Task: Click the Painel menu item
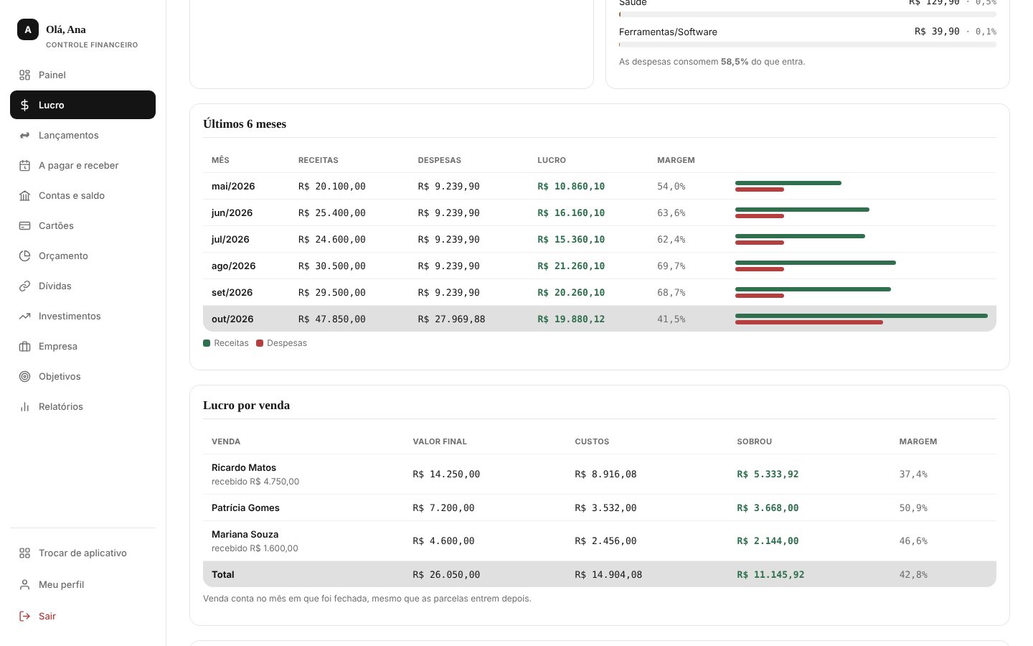[52, 75]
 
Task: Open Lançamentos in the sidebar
[68, 135]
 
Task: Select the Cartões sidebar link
[56, 225]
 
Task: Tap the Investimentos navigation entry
[69, 316]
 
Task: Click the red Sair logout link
[47, 616]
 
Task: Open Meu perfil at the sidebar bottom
[61, 584]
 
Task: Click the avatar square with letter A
[28, 29]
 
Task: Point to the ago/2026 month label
[233, 266]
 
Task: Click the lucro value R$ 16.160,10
[571, 212]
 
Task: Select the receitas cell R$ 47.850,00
[331, 319]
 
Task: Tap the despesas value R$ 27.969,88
[451, 319]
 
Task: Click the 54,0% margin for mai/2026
[671, 187]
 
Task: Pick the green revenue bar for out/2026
[862, 316]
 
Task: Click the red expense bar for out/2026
[809, 322]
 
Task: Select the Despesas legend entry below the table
[281, 343]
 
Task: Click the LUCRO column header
[552, 160]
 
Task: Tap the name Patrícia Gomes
[245, 507]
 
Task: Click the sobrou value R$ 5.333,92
[768, 474]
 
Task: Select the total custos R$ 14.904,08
[608, 574]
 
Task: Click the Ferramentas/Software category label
[668, 32]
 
